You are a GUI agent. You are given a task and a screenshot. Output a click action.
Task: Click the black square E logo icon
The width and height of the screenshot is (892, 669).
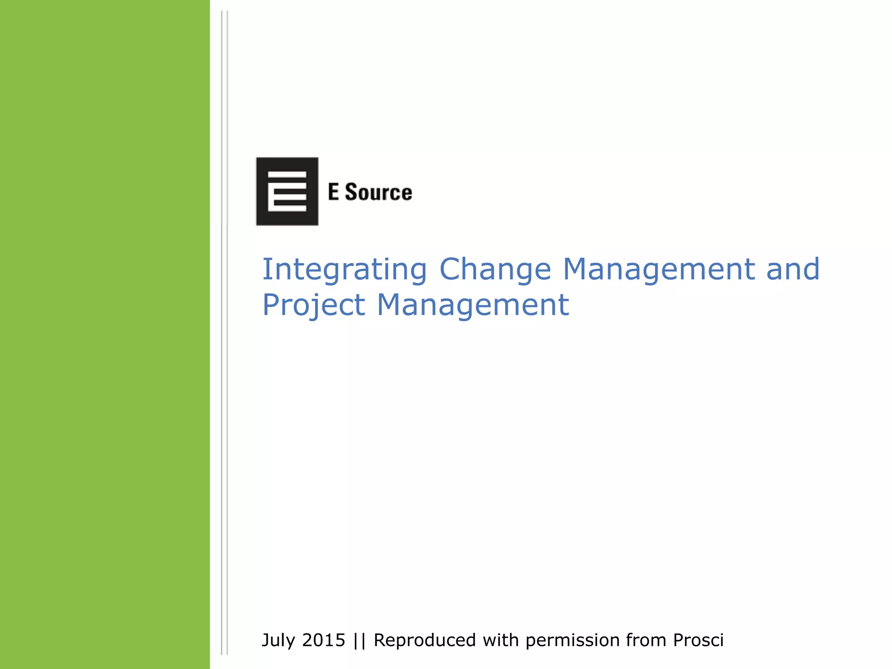287,191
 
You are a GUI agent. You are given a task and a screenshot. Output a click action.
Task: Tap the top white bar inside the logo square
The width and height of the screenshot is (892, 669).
287,175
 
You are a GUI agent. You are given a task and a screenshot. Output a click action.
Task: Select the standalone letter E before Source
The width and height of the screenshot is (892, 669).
333,192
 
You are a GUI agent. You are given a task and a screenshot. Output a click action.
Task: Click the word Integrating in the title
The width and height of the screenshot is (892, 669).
345,270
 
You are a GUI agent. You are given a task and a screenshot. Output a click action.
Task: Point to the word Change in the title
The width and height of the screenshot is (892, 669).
495,270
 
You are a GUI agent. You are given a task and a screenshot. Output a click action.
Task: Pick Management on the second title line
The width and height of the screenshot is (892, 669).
473,304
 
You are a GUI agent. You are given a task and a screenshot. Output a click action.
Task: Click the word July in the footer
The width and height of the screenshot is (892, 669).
278,641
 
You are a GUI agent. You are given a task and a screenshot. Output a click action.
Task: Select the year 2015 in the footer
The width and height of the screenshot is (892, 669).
324,640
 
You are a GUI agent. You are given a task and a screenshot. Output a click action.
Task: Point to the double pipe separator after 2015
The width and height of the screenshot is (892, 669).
360,641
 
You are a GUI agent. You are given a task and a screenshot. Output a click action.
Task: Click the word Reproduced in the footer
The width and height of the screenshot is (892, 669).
425,641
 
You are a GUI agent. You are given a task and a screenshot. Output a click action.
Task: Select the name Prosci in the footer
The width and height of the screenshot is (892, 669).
698,640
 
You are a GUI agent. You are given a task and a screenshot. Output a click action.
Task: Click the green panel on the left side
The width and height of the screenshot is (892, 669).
105,334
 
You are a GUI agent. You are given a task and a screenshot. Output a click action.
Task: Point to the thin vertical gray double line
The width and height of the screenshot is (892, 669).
224,334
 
